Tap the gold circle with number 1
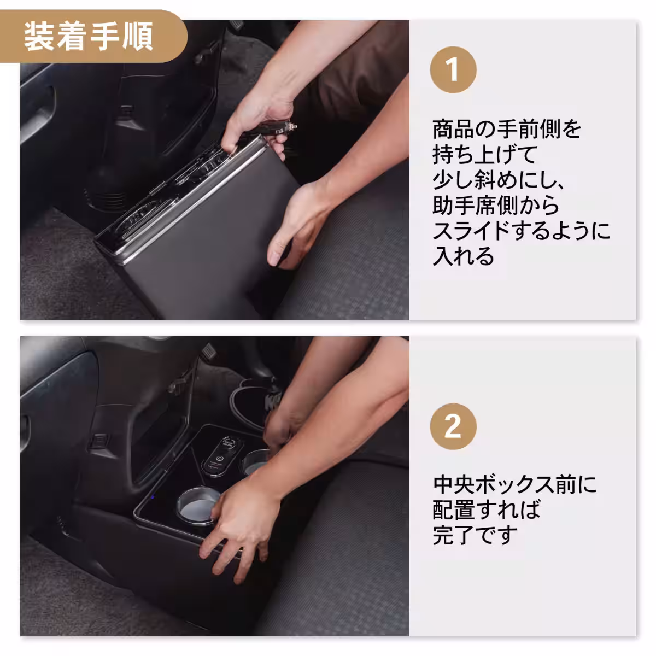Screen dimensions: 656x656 tap(453, 71)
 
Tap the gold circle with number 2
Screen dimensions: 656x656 tap(453, 426)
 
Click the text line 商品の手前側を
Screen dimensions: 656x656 tap(506, 130)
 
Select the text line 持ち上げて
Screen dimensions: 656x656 tap(485, 155)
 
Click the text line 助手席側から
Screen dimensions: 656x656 tap(496, 206)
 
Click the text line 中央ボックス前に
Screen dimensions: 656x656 tap(514, 485)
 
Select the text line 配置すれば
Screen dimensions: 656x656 tap(486, 510)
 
